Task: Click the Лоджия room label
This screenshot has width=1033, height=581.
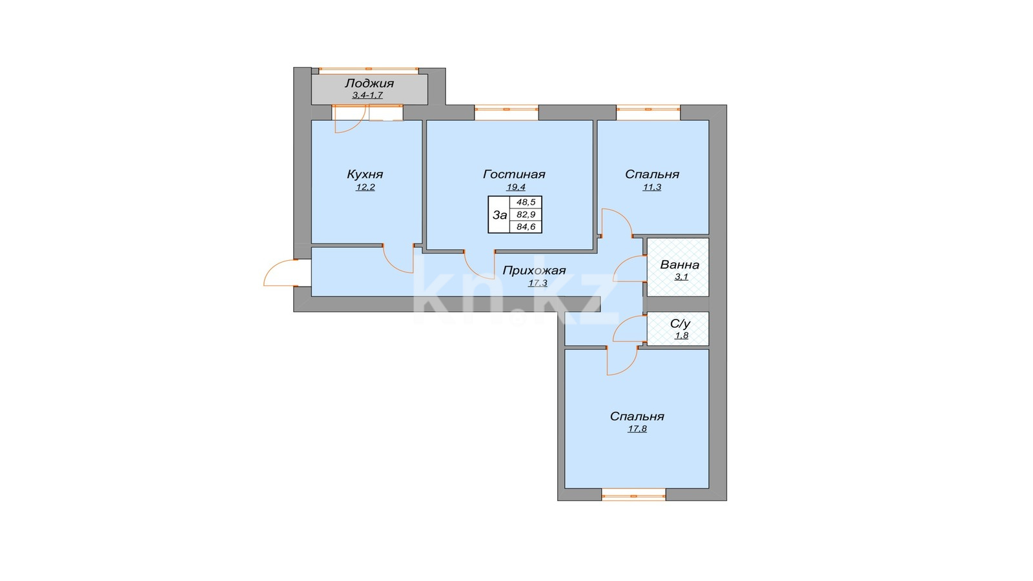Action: [x=369, y=83]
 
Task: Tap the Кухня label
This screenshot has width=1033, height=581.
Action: [x=365, y=174]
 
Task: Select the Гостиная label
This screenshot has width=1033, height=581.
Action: [x=514, y=174]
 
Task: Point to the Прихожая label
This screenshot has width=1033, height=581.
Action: [x=534, y=270]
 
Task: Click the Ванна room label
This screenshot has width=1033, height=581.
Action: [x=680, y=265]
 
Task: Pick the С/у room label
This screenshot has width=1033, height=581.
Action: [x=680, y=323]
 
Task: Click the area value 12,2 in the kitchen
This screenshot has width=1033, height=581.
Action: [x=365, y=187]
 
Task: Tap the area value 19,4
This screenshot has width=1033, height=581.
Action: [x=516, y=187]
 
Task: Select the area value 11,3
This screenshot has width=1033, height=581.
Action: [x=652, y=187]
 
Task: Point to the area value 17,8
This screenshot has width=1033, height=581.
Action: [x=637, y=429]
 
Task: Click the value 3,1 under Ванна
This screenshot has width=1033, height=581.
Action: [x=682, y=277]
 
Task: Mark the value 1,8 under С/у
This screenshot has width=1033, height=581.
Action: [x=682, y=335]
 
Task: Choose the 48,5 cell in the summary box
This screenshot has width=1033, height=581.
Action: [x=526, y=202]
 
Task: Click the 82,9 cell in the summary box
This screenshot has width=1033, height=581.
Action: [x=526, y=214]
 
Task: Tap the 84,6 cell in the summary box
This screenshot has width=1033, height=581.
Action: [x=526, y=227]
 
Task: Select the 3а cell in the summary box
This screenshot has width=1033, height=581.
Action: [x=500, y=215]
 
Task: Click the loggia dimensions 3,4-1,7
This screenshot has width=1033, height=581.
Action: [x=367, y=96]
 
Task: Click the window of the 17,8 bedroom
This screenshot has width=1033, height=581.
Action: [x=633, y=496]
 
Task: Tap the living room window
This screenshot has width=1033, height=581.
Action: [x=506, y=109]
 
